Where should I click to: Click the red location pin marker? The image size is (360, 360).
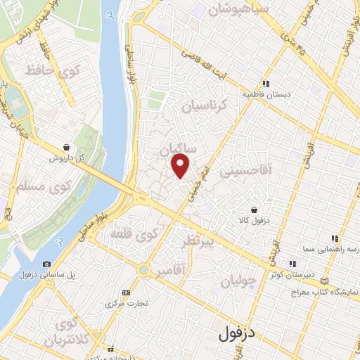coord(181,166)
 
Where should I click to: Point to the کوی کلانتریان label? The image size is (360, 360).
coord(67,332)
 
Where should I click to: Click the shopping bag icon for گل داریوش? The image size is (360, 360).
coord(66,148)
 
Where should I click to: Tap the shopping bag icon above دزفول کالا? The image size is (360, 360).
coord(254,210)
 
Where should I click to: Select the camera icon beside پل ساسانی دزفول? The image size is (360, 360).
coord(46,263)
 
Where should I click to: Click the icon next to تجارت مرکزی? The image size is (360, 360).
coord(127,292)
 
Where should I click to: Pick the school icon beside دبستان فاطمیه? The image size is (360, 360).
coord(266,82)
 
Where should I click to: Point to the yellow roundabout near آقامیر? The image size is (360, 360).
coord(143,269)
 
